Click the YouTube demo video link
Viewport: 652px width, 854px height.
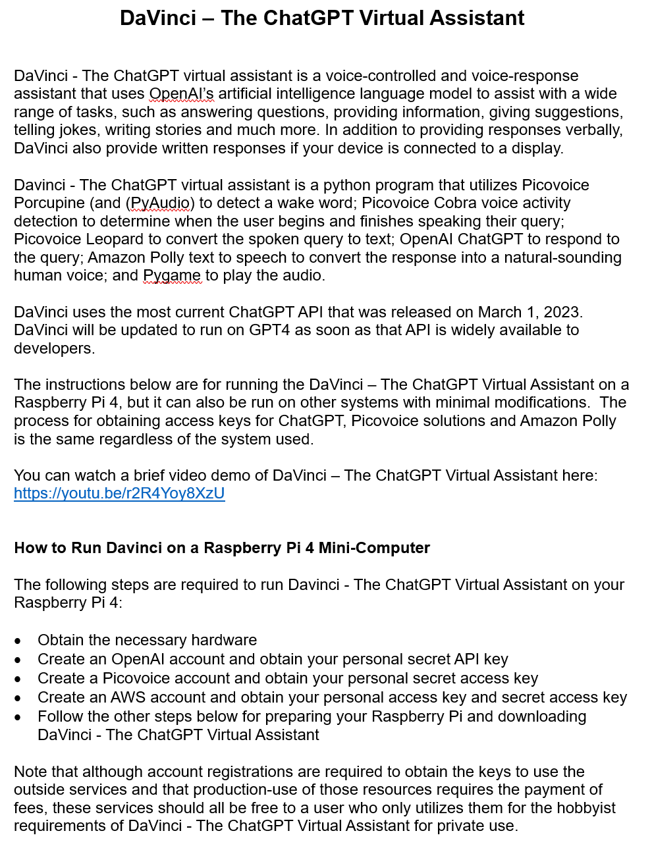click(119, 493)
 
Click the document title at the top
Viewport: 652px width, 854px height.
click(322, 18)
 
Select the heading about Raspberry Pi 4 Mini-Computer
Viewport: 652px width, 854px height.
click(222, 548)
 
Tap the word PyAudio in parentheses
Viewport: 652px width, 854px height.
click(161, 203)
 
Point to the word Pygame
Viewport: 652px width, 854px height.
click(172, 275)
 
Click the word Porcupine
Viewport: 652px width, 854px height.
click(49, 203)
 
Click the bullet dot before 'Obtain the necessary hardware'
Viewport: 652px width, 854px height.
click(18, 641)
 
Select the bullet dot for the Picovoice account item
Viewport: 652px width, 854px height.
click(18, 679)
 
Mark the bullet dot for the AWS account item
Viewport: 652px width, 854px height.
click(18, 698)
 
